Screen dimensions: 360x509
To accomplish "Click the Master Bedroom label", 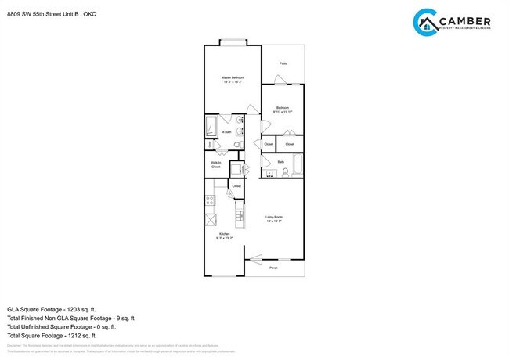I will [232, 78].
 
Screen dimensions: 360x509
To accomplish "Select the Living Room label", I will [273, 218].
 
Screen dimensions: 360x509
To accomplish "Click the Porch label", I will [273, 268].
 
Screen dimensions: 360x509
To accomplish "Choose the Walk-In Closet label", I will [215, 166].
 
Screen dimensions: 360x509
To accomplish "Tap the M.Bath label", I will [226, 132].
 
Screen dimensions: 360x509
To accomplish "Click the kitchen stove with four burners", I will [210, 200].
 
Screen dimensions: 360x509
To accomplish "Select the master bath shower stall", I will [211, 127].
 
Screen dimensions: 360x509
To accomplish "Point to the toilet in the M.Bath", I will [211, 145].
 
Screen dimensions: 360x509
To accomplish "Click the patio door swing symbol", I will [279, 79].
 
